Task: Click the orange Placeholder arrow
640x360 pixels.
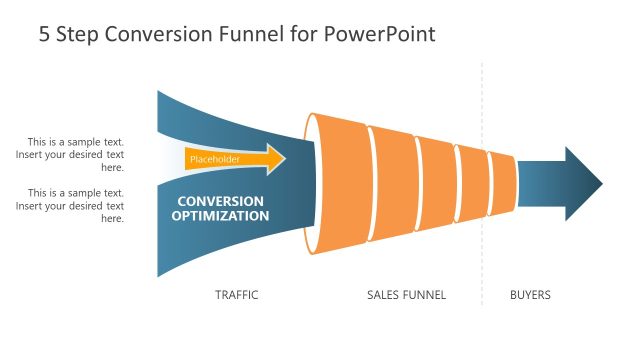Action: pos(235,159)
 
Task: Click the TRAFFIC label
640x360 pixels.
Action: pos(237,295)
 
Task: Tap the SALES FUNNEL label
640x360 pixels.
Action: pos(406,295)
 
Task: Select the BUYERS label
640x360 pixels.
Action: pos(530,295)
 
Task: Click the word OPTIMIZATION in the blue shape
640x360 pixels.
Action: pos(220,215)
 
